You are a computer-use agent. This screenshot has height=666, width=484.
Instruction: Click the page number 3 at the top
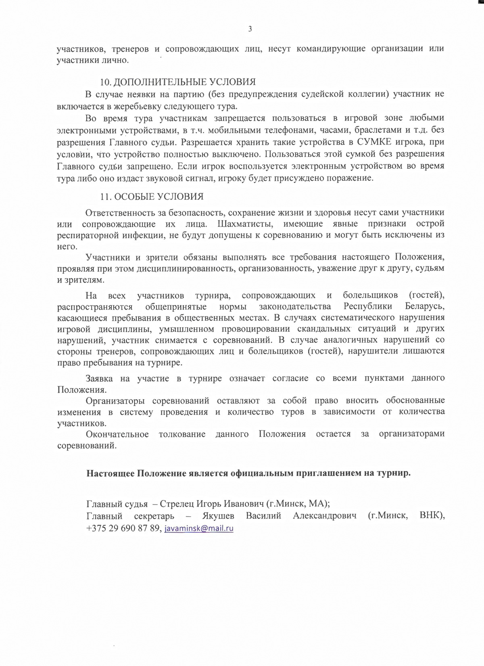click(x=250, y=29)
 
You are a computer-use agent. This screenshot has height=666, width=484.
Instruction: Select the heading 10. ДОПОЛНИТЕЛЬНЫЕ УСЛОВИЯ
click(x=177, y=82)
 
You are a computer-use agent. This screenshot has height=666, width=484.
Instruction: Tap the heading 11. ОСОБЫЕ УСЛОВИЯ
click(x=152, y=197)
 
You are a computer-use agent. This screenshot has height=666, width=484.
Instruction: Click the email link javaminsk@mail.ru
click(x=199, y=528)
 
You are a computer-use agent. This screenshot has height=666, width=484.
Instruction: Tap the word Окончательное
click(x=117, y=434)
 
